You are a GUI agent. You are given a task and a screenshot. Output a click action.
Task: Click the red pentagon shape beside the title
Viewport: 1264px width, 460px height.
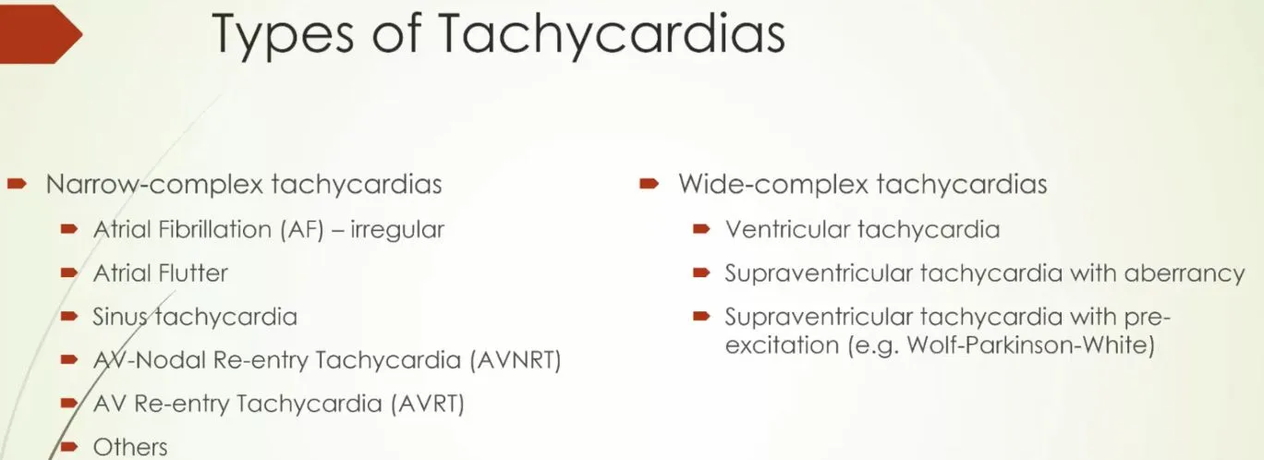pyautogui.click(x=42, y=34)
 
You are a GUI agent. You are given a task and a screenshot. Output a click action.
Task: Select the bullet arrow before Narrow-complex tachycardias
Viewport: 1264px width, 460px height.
pyautogui.click(x=17, y=184)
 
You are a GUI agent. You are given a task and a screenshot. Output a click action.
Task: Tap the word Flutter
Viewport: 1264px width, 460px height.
pyautogui.click(x=193, y=273)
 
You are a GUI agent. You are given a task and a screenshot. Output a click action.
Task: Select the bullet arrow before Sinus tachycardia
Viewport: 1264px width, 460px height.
pyautogui.click(x=69, y=316)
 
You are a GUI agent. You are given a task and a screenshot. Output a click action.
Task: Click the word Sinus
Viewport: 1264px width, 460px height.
pyautogui.click(x=120, y=317)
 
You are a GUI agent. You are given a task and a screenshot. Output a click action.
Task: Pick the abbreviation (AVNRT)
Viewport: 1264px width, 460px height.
pyautogui.click(x=516, y=360)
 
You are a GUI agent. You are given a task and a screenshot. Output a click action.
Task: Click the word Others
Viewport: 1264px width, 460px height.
pyautogui.click(x=130, y=447)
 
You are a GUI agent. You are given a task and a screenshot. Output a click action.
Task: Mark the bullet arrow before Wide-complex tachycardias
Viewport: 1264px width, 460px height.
pyautogui.click(x=650, y=184)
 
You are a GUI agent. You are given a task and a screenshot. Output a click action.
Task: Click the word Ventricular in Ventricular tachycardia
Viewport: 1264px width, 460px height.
pyautogui.click(x=787, y=230)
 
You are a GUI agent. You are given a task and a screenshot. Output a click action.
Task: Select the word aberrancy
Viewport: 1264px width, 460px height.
pyautogui.click(x=1184, y=274)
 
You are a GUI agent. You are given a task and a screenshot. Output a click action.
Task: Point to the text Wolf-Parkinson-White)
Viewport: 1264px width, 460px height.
pyautogui.click(x=1030, y=345)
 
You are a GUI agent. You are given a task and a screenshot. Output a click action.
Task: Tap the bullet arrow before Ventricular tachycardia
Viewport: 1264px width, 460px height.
pyautogui.click(x=701, y=228)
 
